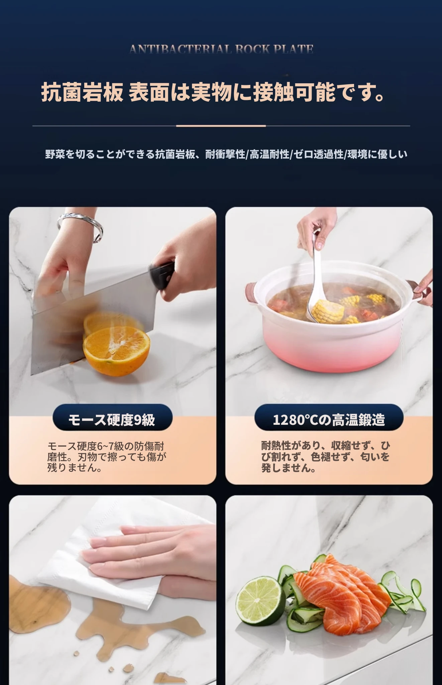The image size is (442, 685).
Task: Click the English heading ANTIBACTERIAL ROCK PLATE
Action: pos(221,50)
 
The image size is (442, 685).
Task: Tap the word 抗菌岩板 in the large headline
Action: pos(82,92)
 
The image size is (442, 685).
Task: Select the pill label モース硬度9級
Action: pos(112,419)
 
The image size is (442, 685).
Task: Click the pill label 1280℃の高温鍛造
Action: pos(329,419)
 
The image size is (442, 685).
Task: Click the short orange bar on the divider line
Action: pos(221,126)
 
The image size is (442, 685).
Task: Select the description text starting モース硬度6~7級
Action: pos(107,457)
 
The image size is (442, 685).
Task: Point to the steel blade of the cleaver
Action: pos(90,321)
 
